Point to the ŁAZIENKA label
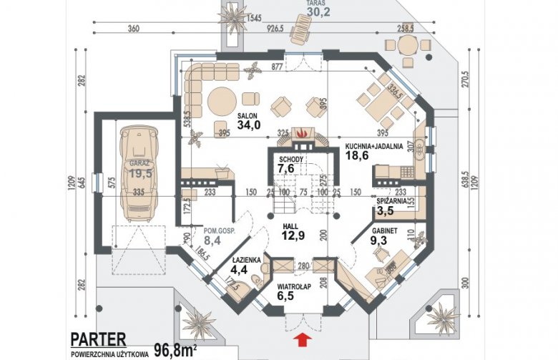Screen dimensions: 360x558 [246, 259]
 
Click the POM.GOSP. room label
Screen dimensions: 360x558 [220, 231]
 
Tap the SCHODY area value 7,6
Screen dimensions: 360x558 [286, 169]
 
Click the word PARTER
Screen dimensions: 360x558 [98, 338]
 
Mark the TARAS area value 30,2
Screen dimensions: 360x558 [316, 11]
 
